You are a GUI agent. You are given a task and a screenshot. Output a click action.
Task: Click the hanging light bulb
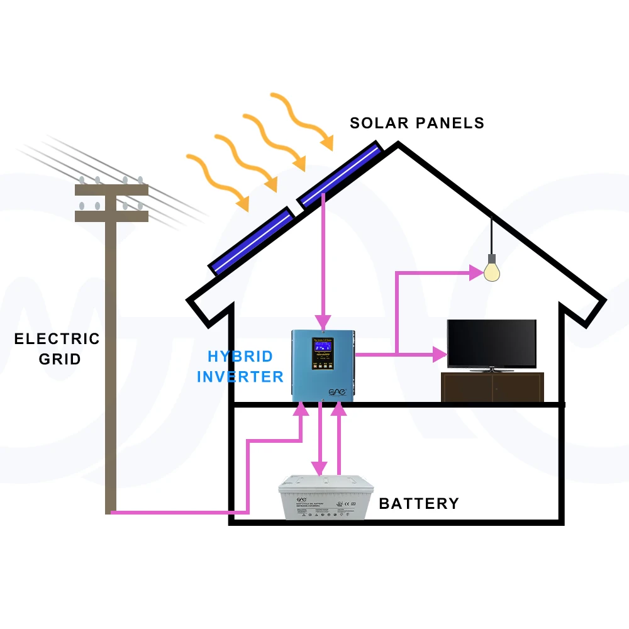click(492, 271)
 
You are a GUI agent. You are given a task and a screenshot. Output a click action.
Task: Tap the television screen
click(491, 343)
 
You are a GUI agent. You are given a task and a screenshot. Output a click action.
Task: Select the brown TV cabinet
click(492, 387)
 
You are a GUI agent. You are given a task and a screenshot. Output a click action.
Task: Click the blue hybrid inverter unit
click(323, 365)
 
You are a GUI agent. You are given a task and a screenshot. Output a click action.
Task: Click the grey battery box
click(326, 498)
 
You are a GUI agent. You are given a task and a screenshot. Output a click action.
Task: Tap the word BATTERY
click(419, 504)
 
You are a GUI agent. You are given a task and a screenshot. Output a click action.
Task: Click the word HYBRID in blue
click(240, 357)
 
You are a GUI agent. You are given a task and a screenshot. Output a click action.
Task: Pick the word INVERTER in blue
click(240, 377)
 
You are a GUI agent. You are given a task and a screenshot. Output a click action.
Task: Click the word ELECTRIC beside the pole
click(57, 339)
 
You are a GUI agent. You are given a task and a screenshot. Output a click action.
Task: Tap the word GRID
click(60, 359)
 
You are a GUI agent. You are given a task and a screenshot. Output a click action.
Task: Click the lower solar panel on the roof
click(252, 242)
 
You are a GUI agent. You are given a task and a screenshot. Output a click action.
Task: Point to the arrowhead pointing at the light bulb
click(476, 272)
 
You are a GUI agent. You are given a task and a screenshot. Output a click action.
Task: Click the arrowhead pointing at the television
click(440, 354)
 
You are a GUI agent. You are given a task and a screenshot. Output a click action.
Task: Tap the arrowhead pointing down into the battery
click(320, 468)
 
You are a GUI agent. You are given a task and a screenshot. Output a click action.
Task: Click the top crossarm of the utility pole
click(111, 189)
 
